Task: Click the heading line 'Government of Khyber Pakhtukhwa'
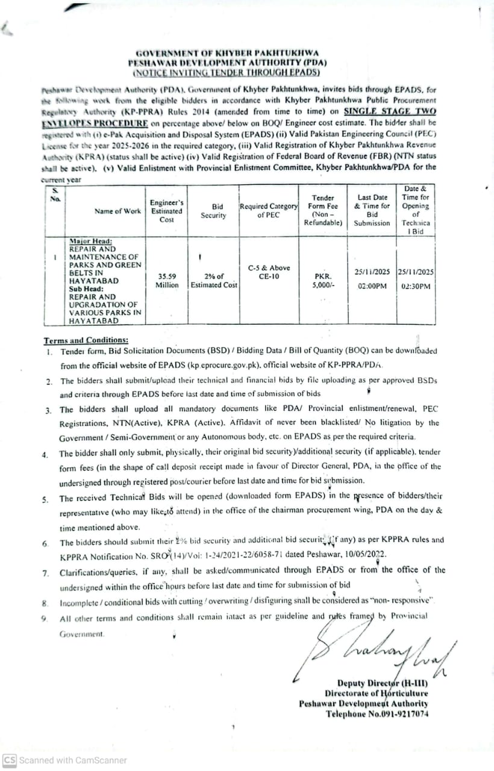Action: click(227, 53)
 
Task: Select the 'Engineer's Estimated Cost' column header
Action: click(167, 211)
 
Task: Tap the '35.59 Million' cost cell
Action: click(167, 281)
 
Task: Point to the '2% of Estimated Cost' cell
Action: click(214, 281)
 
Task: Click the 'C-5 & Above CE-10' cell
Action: click(269, 272)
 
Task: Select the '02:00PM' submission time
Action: click(372, 287)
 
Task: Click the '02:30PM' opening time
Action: click(416, 287)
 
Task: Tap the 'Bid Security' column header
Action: click(213, 211)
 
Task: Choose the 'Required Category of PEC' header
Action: click(269, 210)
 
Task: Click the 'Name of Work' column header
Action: click(117, 211)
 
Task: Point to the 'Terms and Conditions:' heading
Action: click(86, 340)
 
